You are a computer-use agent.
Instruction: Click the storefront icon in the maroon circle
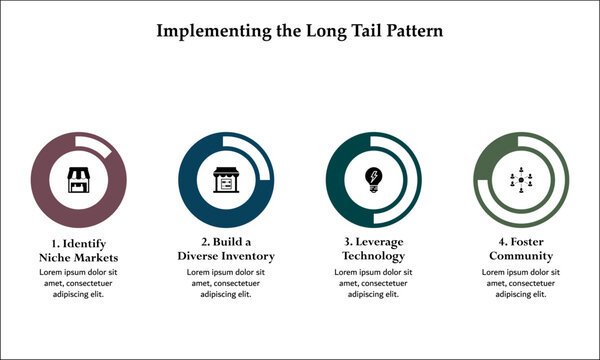pos(78,180)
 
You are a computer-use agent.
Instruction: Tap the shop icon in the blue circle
pos(225,180)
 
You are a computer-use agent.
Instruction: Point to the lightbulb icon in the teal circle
pos(374,180)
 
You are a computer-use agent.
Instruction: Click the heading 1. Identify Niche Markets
pos(78,250)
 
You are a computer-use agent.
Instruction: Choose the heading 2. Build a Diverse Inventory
pos(225,250)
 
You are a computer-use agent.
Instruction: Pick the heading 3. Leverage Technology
pos(374,250)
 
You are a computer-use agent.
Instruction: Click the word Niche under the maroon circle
pos(56,257)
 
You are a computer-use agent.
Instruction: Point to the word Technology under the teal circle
pos(374,257)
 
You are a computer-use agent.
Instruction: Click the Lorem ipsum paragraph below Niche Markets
pos(78,283)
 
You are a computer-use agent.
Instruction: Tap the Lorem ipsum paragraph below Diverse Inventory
pos(225,283)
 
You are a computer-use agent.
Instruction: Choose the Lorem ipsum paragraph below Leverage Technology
pos(374,283)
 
